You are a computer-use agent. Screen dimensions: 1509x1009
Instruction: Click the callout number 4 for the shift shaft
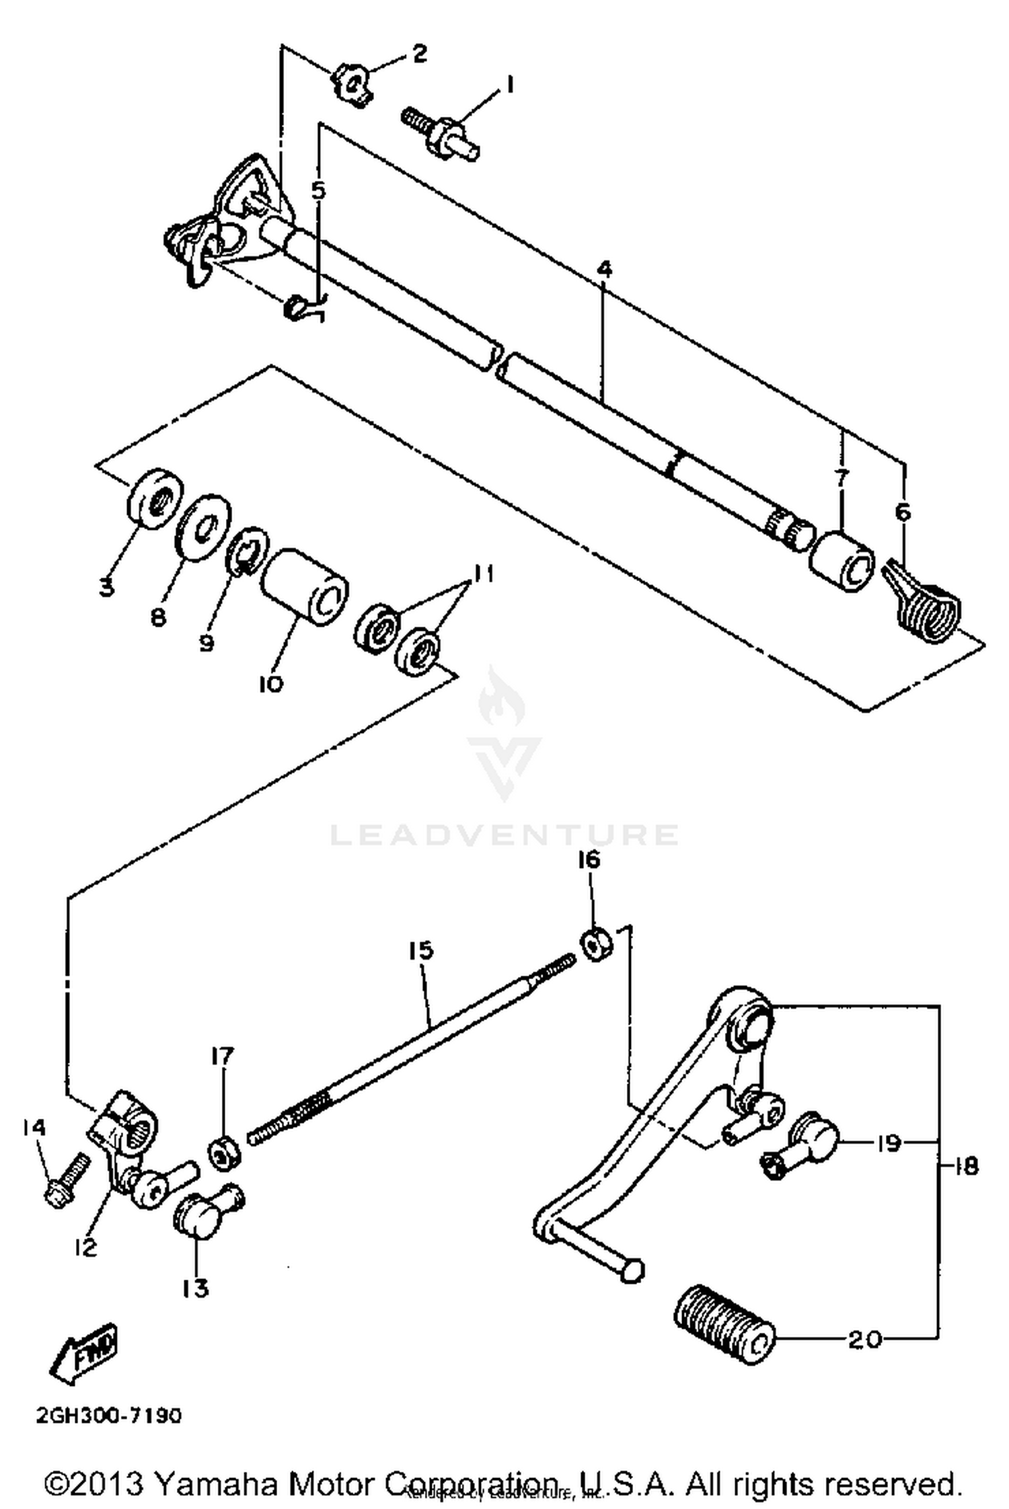point(605,270)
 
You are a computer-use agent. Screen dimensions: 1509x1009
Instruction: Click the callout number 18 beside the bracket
point(966,1167)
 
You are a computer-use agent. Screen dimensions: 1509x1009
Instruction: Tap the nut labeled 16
point(595,945)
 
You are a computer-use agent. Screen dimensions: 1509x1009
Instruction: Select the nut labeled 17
point(223,1155)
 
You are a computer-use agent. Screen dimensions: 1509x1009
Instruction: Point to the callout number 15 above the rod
point(421,951)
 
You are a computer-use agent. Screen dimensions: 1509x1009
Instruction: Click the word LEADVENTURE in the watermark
point(504,835)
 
